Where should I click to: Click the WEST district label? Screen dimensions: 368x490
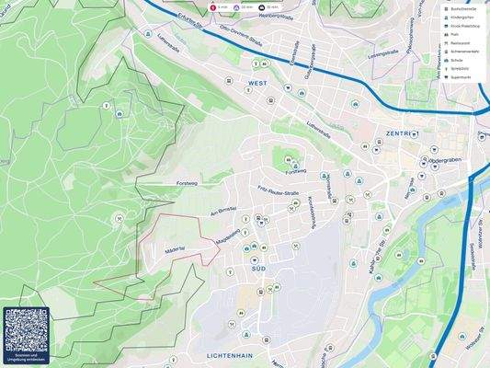pyautogui.click(x=258, y=83)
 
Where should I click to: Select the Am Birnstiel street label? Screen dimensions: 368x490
pyautogui.click(x=223, y=210)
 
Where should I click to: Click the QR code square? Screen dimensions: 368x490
pyautogui.click(x=26, y=329)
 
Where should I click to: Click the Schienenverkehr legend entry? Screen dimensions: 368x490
pyautogui.click(x=464, y=51)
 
